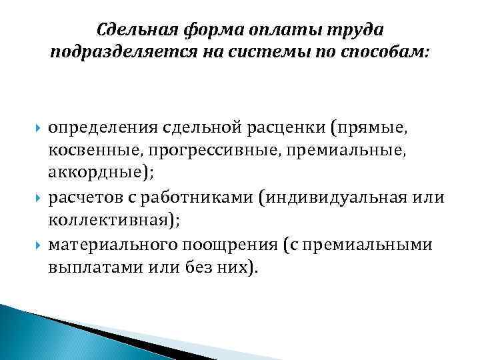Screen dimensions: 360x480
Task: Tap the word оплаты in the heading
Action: [x=281, y=30]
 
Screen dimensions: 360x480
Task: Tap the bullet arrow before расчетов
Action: [x=39, y=197]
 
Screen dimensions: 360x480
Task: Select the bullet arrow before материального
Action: [x=39, y=245]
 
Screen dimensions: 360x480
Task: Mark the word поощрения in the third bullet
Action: [x=241, y=245]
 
